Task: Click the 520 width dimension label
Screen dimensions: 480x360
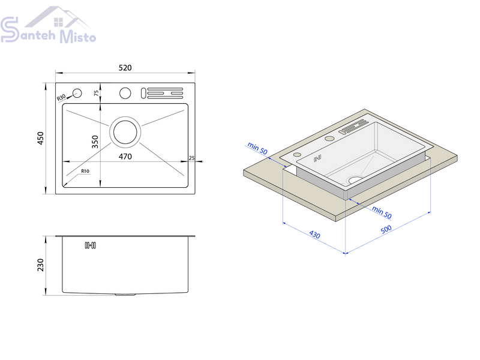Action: coord(125,68)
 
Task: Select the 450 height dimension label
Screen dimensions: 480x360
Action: coord(40,138)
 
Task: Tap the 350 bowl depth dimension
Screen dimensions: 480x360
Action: coord(95,142)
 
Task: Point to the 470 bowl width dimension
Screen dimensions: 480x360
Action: coord(125,157)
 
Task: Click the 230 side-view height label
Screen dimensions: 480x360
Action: coord(40,265)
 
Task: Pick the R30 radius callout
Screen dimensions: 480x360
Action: coord(61,97)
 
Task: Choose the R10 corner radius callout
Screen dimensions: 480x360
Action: coord(85,171)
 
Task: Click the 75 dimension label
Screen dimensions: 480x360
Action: coord(97,93)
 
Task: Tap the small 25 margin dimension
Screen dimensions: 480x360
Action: coord(191,158)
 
